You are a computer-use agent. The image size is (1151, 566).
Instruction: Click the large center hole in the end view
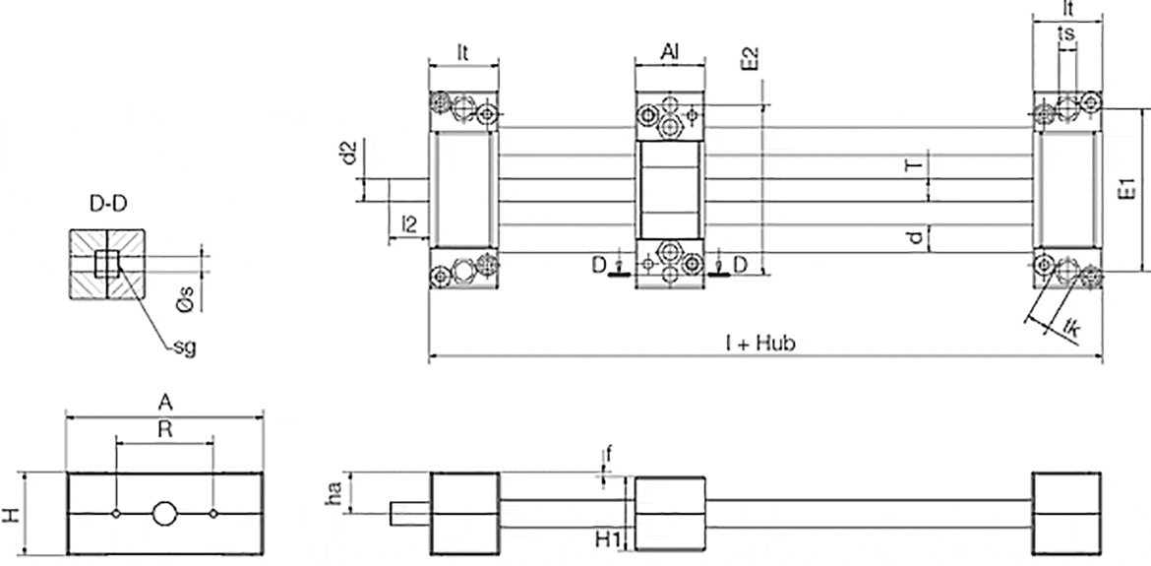tap(164, 514)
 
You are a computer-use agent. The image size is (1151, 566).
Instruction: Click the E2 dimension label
tap(750, 57)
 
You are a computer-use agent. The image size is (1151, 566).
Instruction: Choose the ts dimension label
tap(1065, 33)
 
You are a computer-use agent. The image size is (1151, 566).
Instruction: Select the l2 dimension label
tap(410, 225)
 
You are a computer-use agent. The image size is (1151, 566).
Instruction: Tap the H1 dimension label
tap(607, 537)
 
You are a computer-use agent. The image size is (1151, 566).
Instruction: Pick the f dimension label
tap(609, 454)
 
